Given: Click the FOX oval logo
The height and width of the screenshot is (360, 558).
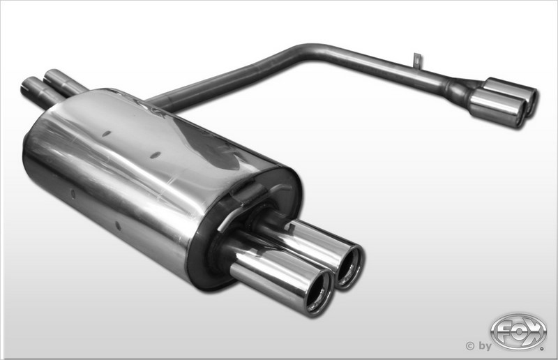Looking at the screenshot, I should [x=518, y=331].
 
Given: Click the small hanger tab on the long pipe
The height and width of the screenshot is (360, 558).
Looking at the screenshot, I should [x=416, y=60].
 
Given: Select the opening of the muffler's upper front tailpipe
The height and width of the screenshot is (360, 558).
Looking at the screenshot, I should [x=351, y=265].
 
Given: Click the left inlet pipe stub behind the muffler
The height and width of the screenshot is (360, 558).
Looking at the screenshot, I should [x=35, y=91].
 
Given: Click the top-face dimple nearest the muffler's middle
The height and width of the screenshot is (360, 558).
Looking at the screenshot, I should [x=156, y=154].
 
